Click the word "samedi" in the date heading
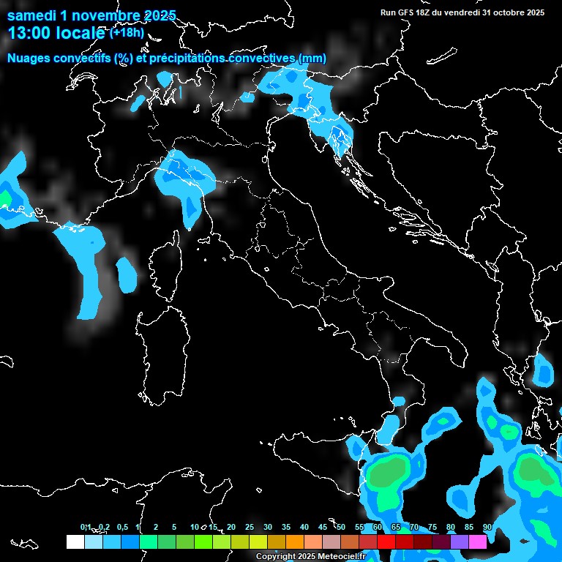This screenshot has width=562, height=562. pyautogui.click(x=31, y=15)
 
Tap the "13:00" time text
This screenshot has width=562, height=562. pyautogui.click(x=27, y=33)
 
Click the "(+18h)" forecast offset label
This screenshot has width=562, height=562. pyautogui.click(x=127, y=33)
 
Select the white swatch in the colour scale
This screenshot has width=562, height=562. pyautogui.click(x=75, y=542)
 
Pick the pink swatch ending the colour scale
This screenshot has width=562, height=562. pyautogui.click(x=478, y=542)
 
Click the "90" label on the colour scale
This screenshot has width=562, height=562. pyautogui.click(x=487, y=527)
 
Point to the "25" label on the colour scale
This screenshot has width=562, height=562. pyautogui.click(x=249, y=527)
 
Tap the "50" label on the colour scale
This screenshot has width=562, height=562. pyautogui.click(x=341, y=527)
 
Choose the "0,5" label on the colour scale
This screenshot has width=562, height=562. pyautogui.click(x=121, y=527)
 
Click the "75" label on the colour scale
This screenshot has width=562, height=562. pyautogui.click(x=432, y=527)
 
